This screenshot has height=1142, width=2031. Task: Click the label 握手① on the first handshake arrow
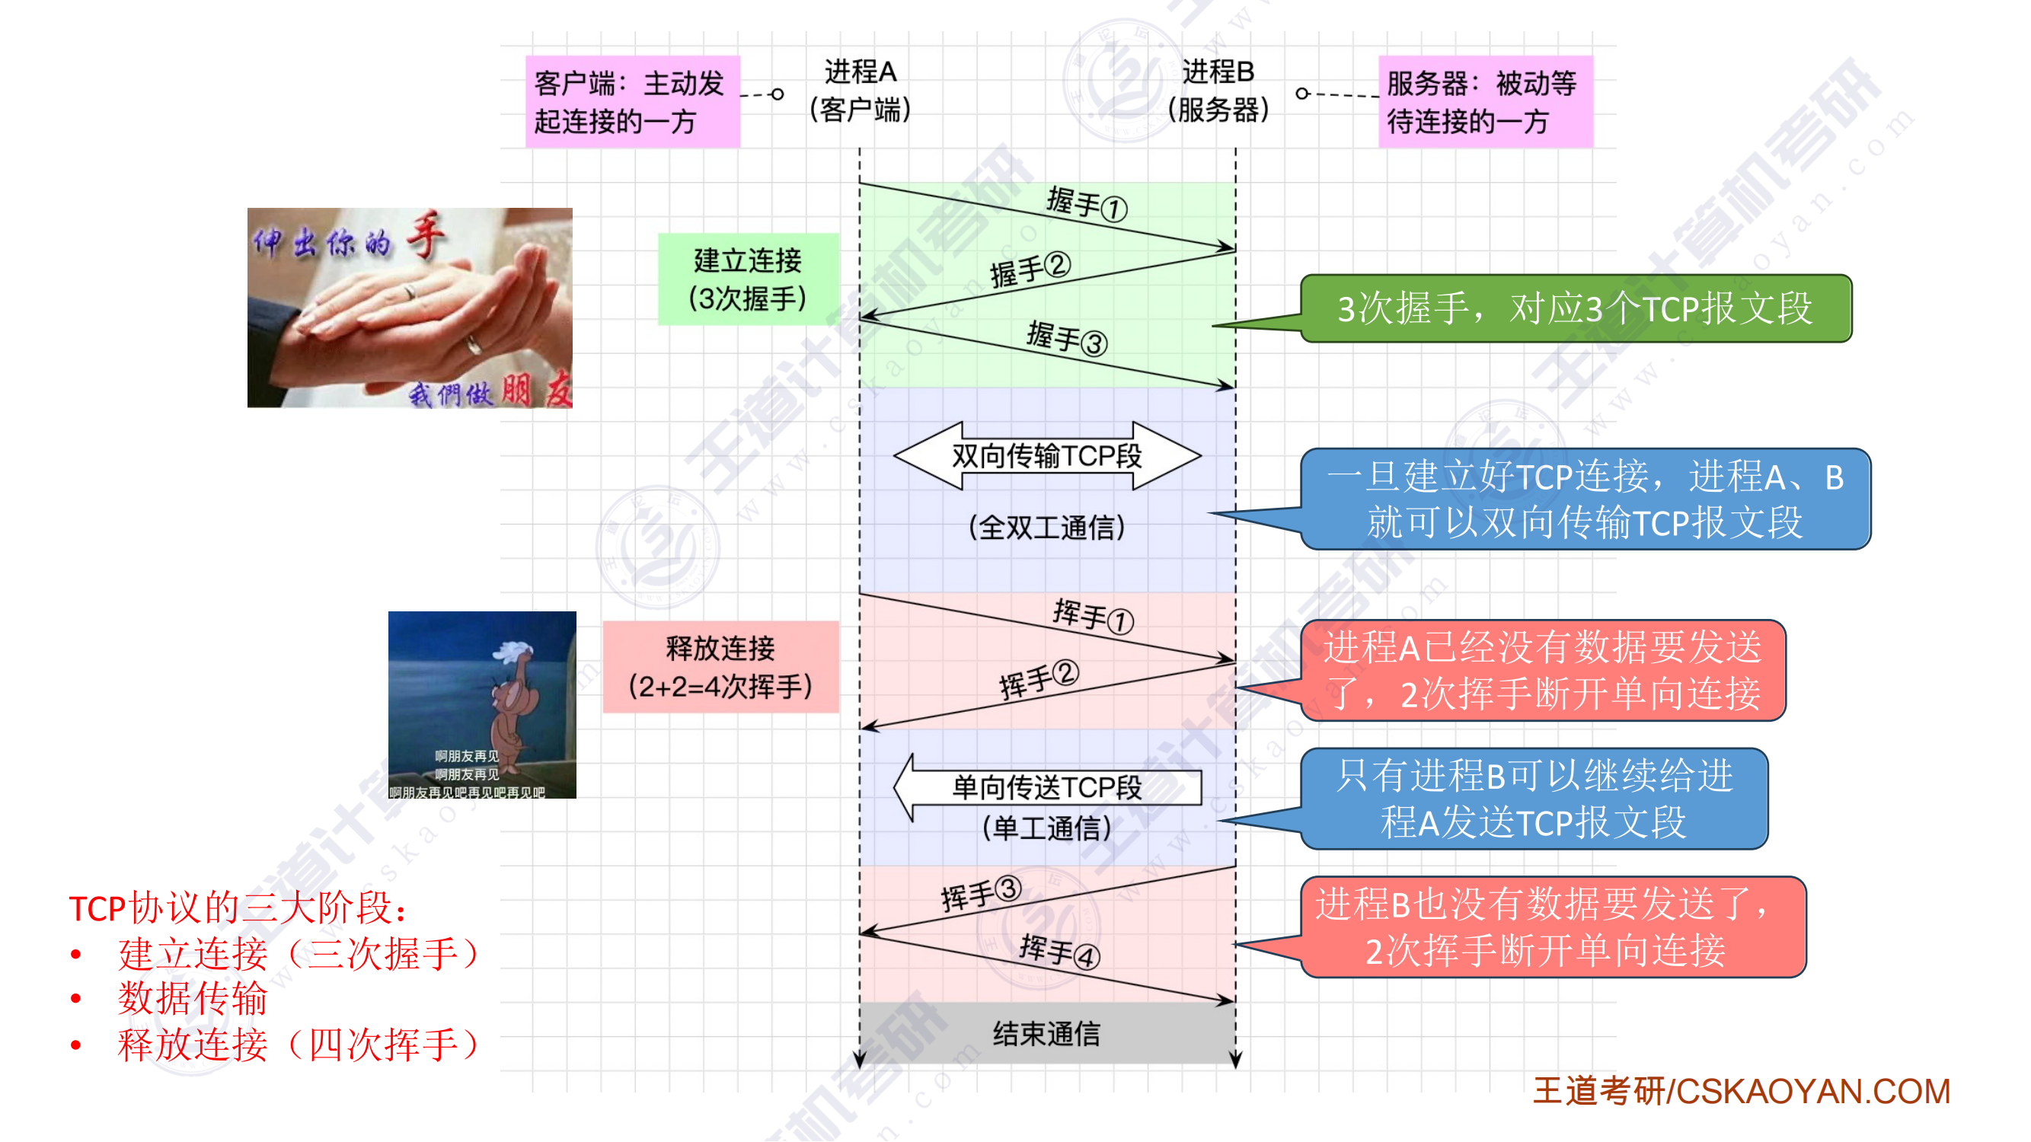pyautogui.click(x=1087, y=204)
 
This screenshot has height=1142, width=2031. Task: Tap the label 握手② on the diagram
pyautogui.click(x=1030, y=270)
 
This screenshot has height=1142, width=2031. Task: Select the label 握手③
pyautogui.click(x=1067, y=338)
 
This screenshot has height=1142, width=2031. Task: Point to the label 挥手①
pyautogui.click(x=1093, y=615)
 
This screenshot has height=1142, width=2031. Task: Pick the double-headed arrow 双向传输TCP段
pyautogui.click(x=1046, y=455)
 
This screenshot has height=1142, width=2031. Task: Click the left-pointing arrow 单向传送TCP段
pyautogui.click(x=1046, y=786)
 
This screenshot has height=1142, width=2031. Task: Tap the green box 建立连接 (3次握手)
pyautogui.click(x=747, y=279)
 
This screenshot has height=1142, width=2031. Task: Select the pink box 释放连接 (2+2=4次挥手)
pyautogui.click(x=720, y=667)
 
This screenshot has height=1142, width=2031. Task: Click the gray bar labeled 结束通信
pyautogui.click(x=1046, y=1033)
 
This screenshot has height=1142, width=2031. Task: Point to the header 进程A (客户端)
pyautogui.click(x=861, y=90)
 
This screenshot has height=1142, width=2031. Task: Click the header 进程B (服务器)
pyautogui.click(x=1218, y=90)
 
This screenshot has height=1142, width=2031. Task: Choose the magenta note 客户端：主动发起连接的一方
pyautogui.click(x=632, y=102)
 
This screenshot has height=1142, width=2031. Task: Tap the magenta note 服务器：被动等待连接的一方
pyautogui.click(x=1485, y=102)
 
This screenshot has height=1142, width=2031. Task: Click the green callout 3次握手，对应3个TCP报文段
pyautogui.click(x=1576, y=308)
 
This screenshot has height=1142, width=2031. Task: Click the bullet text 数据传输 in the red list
pyautogui.click(x=193, y=999)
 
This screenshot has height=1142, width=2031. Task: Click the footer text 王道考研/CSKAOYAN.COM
pyautogui.click(x=1741, y=1092)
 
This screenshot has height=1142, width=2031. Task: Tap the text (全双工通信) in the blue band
pyautogui.click(x=1046, y=528)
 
